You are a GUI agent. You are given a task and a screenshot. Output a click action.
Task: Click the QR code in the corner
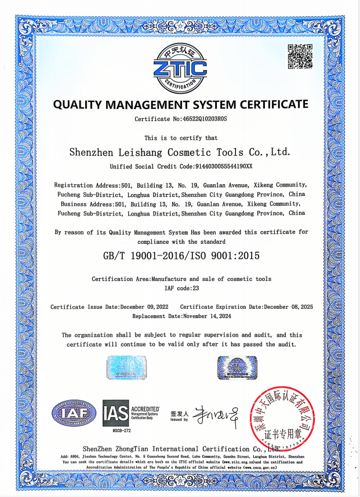(x=300, y=57)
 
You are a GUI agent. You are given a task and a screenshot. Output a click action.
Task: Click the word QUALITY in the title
(x=78, y=104)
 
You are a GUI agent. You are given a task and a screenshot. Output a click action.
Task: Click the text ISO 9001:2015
(x=225, y=255)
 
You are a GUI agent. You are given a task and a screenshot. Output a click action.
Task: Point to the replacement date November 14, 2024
(x=207, y=316)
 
